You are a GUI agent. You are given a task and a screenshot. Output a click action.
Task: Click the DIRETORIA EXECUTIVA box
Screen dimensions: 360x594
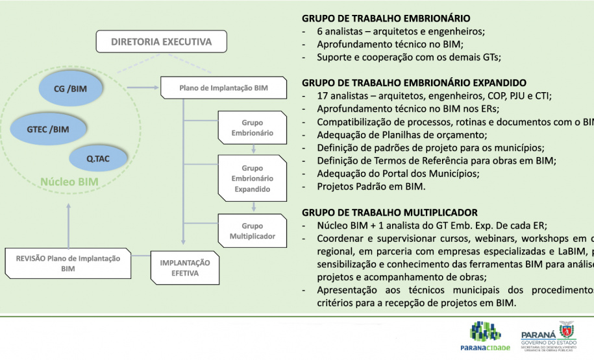coord(161,42)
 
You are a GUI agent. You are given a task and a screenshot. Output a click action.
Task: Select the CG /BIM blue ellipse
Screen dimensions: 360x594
coord(71,89)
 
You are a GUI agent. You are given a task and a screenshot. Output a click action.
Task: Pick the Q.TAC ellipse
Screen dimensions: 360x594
coord(98,158)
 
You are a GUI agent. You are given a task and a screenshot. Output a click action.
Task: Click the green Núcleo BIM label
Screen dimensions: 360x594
coord(69,182)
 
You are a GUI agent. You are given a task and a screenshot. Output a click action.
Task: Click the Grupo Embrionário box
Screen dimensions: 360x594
coord(252,128)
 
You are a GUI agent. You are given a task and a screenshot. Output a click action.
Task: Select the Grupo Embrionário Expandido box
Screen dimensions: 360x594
coord(252,178)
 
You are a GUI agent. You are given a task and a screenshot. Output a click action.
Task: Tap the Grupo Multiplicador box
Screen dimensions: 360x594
coord(252,231)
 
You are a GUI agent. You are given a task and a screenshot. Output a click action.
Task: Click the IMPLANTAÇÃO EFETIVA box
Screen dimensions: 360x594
coord(185,268)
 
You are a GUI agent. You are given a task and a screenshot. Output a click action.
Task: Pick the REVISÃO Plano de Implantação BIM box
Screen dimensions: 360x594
coord(68,263)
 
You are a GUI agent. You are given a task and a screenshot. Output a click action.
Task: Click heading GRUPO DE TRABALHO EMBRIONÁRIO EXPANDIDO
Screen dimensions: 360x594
coord(414,83)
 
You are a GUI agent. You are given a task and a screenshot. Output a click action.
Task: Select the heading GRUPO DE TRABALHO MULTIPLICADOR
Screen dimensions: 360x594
coord(390,213)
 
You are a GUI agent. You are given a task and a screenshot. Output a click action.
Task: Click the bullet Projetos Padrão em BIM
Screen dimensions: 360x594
coord(371,187)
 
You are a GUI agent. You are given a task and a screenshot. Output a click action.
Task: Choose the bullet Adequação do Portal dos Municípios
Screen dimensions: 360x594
coord(398,174)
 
